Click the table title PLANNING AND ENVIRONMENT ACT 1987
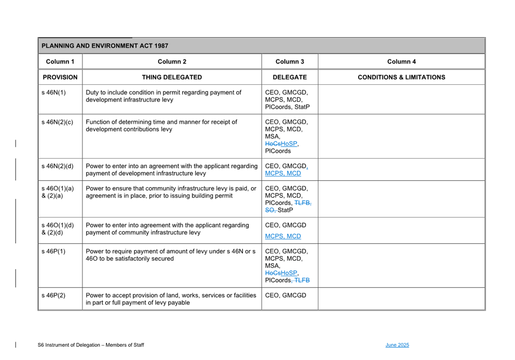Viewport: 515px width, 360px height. (105, 46)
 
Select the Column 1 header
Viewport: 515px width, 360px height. (60, 62)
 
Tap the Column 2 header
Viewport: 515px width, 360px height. (172, 62)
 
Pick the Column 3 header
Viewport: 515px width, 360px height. (289, 62)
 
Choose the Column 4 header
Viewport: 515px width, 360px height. (401, 62)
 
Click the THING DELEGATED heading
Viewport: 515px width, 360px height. (172, 77)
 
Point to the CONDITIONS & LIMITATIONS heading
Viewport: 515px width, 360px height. (401, 77)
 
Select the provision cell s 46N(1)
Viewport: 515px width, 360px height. (54, 93)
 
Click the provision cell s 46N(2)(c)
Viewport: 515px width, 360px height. (57, 122)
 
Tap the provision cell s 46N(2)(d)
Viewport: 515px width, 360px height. (57, 166)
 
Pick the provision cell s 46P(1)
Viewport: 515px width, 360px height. (54, 251)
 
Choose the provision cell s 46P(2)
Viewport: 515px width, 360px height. (54, 295)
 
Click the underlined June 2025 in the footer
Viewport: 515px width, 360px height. (397, 345)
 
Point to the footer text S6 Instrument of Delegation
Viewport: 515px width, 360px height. (91, 345)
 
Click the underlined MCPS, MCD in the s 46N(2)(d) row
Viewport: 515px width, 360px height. (283, 173)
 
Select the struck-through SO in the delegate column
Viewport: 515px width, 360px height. (270, 210)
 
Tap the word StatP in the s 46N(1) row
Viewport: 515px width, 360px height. (302, 107)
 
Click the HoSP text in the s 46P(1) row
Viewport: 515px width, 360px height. (289, 273)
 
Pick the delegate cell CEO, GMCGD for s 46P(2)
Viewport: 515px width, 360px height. (286, 295)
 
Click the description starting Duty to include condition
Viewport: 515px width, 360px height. (163, 96)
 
